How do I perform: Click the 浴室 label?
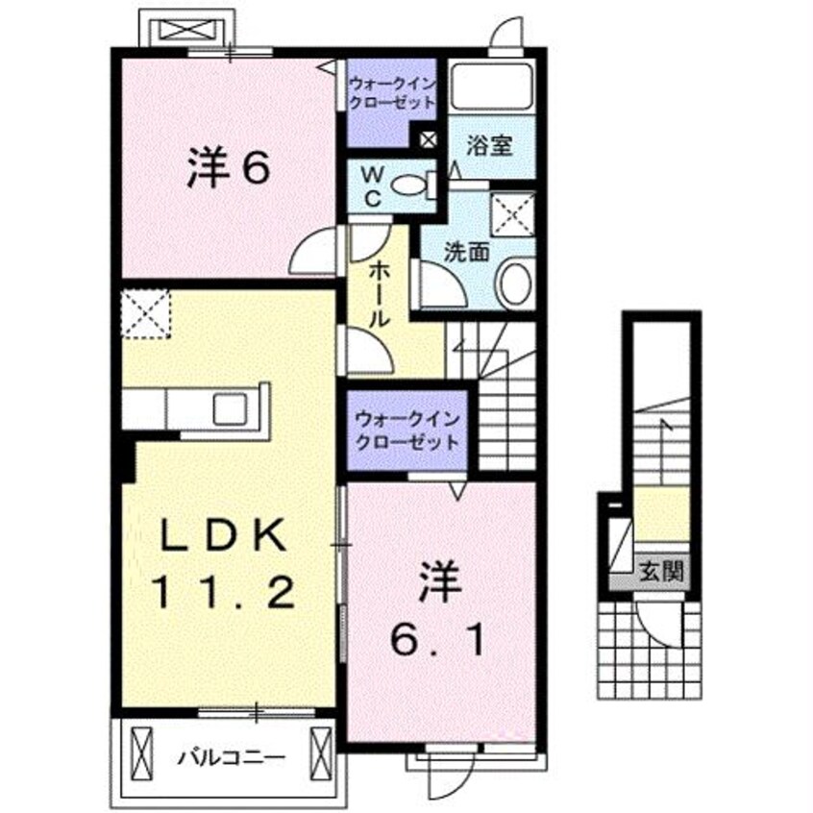tap(489, 146)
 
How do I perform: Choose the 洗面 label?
tap(467, 252)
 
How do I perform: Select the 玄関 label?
tap(661, 573)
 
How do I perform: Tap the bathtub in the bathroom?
tap(491, 87)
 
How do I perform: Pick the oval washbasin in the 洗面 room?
tap(514, 285)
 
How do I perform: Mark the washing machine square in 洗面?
tap(512, 212)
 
